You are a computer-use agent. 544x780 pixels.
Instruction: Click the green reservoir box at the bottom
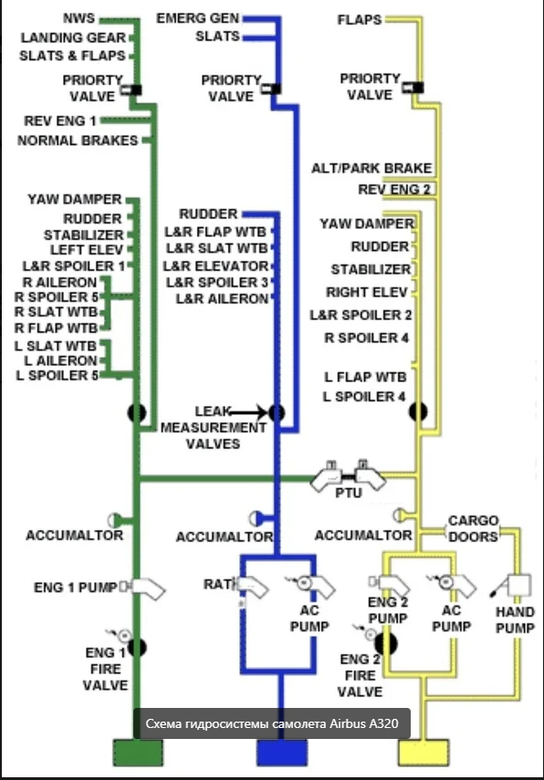(x=138, y=753)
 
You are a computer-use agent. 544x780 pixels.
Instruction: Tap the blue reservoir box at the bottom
(x=282, y=753)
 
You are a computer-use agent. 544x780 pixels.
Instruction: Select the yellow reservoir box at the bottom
(x=424, y=753)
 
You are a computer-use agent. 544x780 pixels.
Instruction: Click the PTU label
(x=349, y=493)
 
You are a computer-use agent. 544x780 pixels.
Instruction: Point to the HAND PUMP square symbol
(x=519, y=586)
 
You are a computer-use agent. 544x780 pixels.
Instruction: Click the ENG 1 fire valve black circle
(x=137, y=647)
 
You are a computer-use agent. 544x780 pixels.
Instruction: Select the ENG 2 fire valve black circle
(x=386, y=644)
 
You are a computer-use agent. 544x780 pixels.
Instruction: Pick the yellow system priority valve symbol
(x=413, y=88)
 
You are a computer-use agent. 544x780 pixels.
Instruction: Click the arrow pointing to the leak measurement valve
(x=248, y=411)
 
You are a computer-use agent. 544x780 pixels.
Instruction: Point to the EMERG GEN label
(x=198, y=18)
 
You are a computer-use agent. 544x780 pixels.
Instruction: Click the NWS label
(x=78, y=18)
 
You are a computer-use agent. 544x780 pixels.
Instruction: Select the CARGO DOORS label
(x=473, y=528)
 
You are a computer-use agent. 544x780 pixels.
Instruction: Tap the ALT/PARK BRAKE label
(x=371, y=168)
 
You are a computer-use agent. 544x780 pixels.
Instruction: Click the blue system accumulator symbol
(x=256, y=518)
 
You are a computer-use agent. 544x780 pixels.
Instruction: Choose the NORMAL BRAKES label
(x=78, y=140)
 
